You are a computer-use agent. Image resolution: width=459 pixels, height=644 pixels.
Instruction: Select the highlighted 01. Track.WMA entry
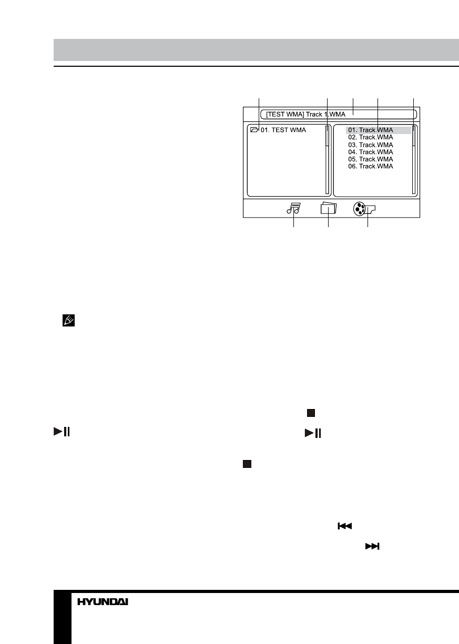pos(370,130)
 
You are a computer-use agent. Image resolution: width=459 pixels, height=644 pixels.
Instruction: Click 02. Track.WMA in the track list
pos(370,137)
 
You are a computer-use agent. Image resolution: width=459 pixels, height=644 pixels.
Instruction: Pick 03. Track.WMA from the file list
pos(370,145)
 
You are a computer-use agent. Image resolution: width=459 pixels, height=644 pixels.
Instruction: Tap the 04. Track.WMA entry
pos(370,152)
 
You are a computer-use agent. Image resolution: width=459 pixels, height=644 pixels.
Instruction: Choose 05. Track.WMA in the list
pos(370,159)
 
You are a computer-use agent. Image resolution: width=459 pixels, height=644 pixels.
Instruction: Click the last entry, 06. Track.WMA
pos(370,166)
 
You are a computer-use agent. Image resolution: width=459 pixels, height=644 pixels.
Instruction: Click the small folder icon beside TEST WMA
pos(255,129)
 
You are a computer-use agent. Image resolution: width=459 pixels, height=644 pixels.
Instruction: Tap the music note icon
pos(293,209)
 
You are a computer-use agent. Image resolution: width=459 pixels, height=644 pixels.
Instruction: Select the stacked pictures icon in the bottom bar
pos(328,209)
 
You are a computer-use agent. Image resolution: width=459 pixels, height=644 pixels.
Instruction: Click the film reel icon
pos(359,209)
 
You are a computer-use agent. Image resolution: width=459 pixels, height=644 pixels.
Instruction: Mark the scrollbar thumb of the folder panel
pos(327,138)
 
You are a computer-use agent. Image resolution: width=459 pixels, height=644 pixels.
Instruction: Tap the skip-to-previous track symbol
pos(344,526)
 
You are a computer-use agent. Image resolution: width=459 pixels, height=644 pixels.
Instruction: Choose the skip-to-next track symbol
pos(372,547)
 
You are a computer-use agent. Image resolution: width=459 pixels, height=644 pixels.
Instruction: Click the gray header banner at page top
pos(256,50)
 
